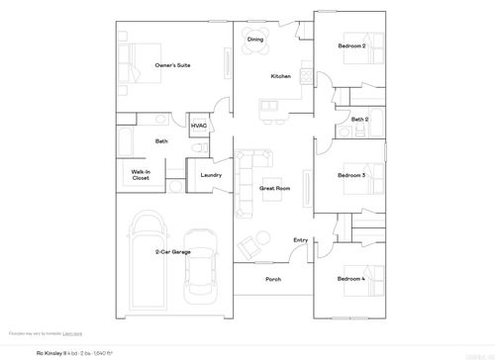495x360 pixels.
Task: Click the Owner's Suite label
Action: (172, 65)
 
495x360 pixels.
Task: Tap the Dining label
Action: (255, 40)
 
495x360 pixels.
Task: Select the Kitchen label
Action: (280, 77)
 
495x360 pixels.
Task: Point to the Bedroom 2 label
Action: (350, 46)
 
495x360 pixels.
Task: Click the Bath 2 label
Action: (359, 120)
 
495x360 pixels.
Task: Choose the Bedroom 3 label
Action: (350, 175)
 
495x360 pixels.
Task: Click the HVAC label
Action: (199, 127)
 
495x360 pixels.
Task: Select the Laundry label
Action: (210, 175)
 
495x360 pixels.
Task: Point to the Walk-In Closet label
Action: (141, 175)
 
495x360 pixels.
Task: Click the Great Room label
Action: (274, 187)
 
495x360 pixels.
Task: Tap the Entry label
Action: (300, 240)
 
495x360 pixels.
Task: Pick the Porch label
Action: (273, 279)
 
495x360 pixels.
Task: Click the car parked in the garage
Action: (201, 276)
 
